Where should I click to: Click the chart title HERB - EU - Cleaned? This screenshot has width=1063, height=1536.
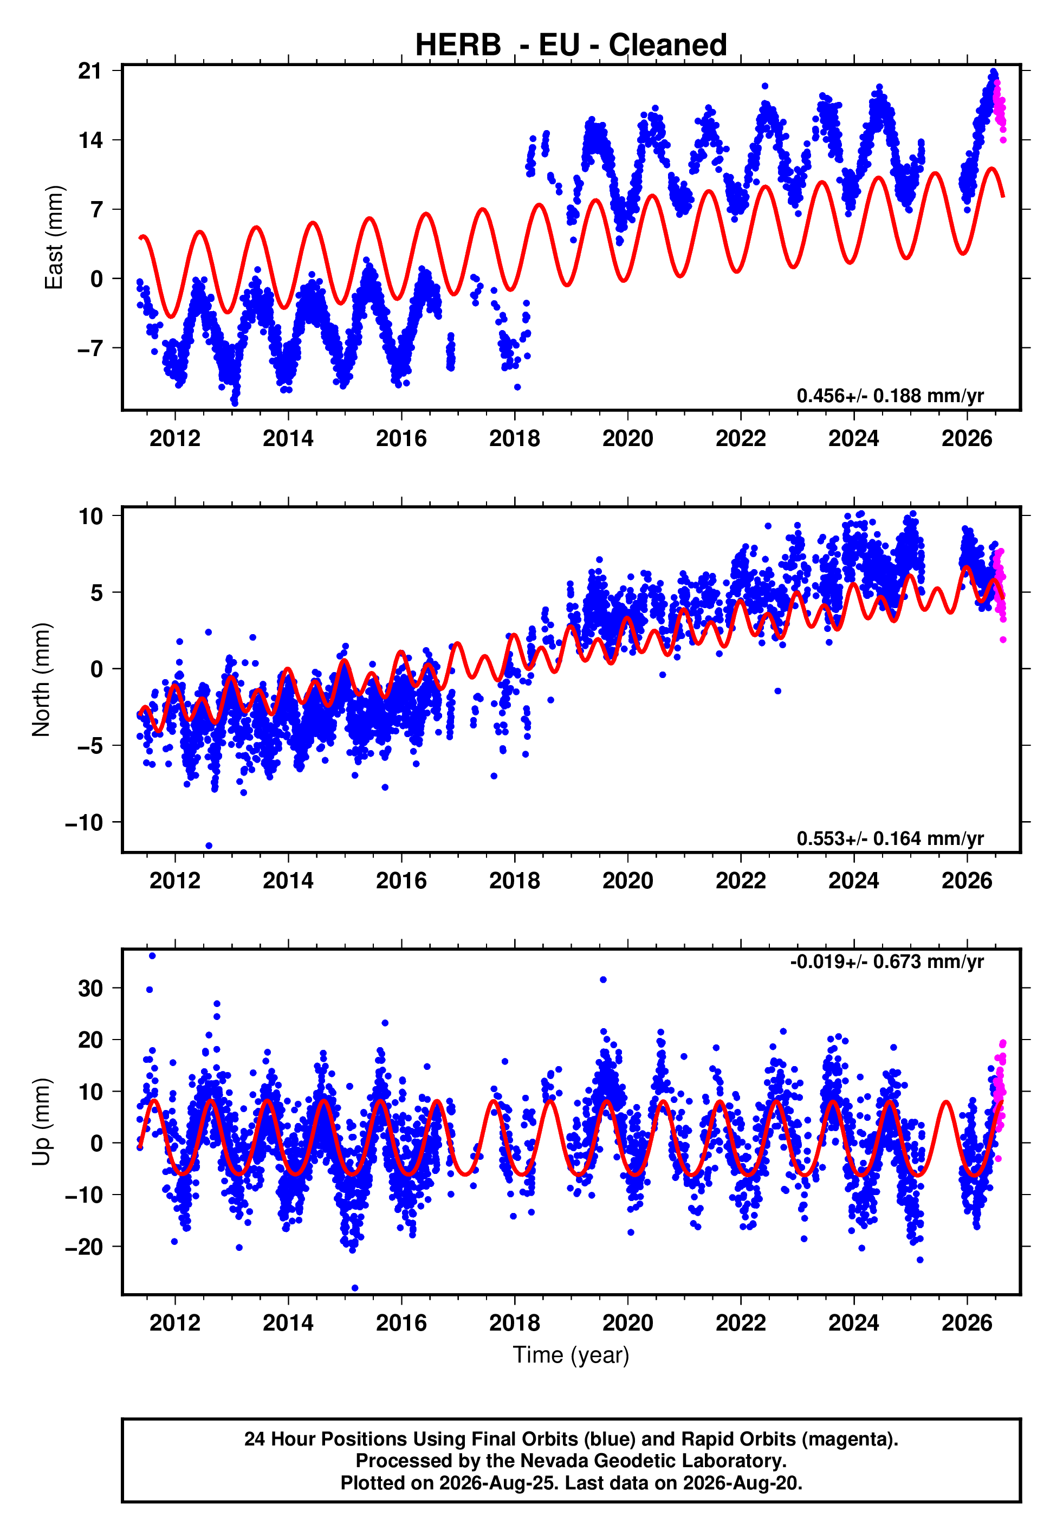coord(571,46)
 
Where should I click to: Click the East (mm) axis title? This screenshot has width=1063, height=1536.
coord(54,237)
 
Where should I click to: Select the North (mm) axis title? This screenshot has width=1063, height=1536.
coord(41,680)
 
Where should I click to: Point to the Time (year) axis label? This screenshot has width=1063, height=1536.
coord(571,1356)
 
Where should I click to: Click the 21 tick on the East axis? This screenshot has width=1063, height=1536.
coord(90,70)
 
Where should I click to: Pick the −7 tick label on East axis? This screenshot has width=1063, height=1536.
coord(90,348)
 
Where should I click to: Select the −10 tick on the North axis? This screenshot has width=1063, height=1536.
coord(84,823)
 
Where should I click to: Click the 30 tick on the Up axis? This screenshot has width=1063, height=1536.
coord(90,988)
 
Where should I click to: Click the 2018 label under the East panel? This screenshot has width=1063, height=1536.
coord(514,438)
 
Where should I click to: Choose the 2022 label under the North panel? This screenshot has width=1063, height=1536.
coord(741,881)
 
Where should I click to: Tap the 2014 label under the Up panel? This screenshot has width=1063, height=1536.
coord(288,1323)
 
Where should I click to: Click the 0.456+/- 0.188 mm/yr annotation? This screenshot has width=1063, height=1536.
coord(890,396)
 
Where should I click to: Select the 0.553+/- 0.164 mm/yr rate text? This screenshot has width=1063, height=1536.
coord(890,838)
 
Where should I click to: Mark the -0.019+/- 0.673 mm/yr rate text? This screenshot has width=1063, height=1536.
coord(886,962)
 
